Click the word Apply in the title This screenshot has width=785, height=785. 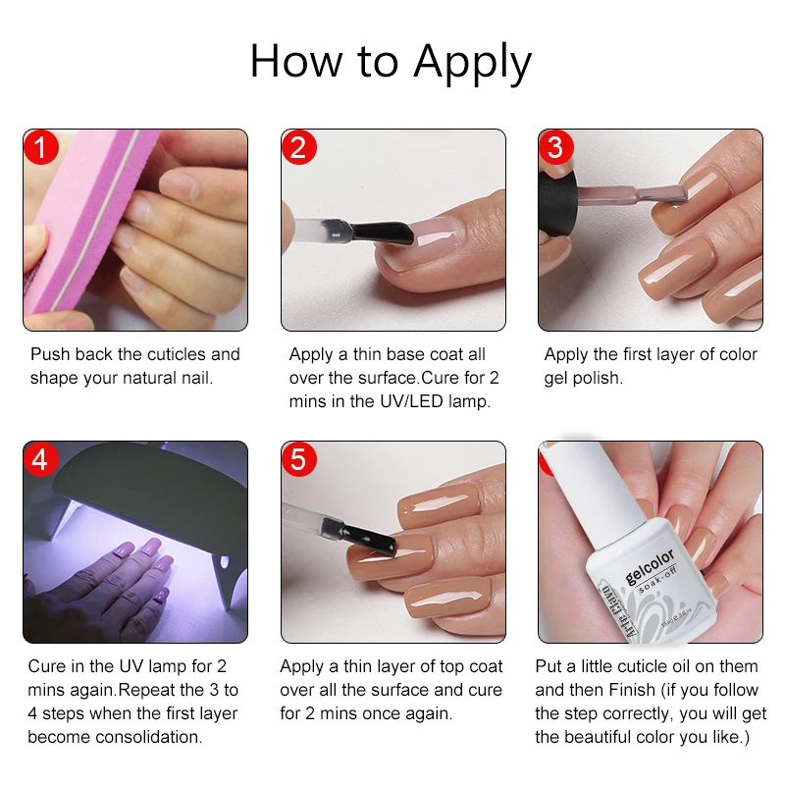coord(472,63)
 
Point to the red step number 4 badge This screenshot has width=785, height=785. coord(41,459)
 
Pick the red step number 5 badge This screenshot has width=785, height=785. coord(298,459)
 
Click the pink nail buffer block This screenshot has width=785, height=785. coord(74,226)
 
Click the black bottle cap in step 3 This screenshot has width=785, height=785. coord(559,201)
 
